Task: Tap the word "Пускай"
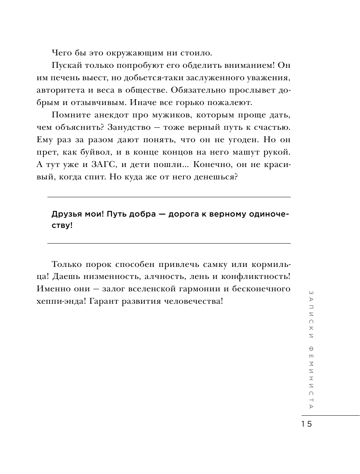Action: [x=66, y=66]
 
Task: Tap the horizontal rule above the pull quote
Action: [x=169, y=197]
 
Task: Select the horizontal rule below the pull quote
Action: [x=169, y=243]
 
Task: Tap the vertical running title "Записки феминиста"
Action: [x=310, y=349]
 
